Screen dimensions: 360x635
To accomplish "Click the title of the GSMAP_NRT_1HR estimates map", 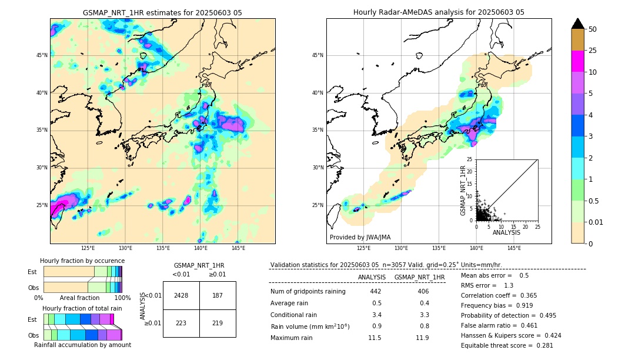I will click(x=162, y=12).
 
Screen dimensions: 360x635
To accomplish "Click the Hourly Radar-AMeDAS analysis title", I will click(x=439, y=12).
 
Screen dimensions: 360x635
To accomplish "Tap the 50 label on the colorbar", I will click(x=593, y=29).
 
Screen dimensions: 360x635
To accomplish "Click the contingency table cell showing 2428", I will click(x=181, y=295).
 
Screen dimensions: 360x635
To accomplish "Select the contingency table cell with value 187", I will click(x=218, y=295).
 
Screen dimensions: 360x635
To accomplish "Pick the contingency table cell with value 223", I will click(x=181, y=323).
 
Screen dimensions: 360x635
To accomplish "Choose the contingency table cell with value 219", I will click(x=218, y=323).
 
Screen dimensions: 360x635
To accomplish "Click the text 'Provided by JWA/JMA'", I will click(x=360, y=238).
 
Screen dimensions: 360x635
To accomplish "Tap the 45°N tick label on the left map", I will click(x=42, y=55).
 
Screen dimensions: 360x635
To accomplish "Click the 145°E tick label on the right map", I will click(x=514, y=248).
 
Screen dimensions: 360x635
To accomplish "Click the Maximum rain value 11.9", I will click(x=422, y=338).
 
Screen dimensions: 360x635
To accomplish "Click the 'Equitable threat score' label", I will click(x=497, y=345).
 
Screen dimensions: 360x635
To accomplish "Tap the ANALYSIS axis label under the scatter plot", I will click(x=507, y=232).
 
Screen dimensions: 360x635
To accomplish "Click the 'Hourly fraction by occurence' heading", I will click(x=82, y=261).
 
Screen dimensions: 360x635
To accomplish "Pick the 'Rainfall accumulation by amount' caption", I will click(x=82, y=345).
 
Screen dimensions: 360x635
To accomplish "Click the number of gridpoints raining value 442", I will click(x=376, y=291).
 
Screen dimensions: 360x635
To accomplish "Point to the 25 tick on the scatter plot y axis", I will click(x=470, y=159).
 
